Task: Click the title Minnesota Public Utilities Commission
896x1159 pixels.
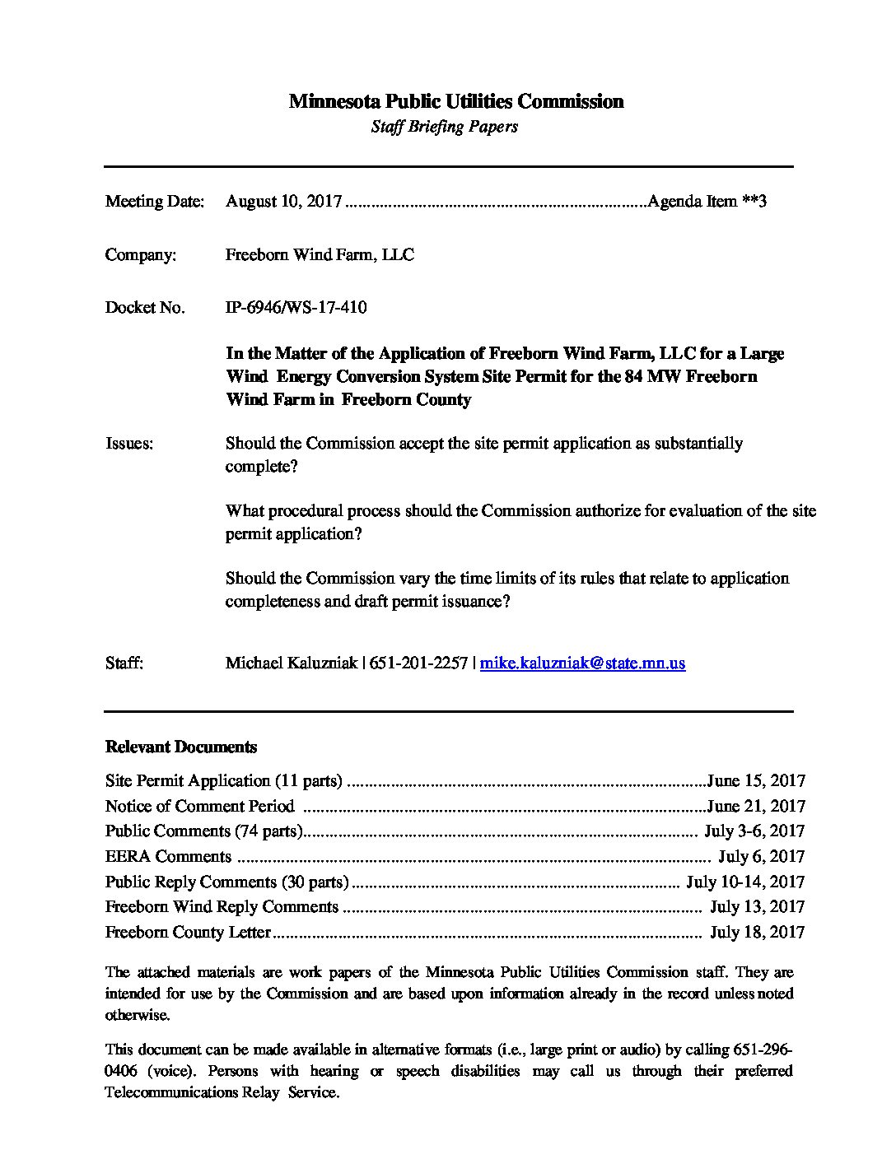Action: click(x=455, y=101)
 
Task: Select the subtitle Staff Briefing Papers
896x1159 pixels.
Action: click(x=444, y=127)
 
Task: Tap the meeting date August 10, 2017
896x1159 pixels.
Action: click(x=283, y=202)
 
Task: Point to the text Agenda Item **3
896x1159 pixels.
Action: click(x=707, y=202)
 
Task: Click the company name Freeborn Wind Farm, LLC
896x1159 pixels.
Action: click(x=320, y=255)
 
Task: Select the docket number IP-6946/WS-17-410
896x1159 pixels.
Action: click(x=296, y=308)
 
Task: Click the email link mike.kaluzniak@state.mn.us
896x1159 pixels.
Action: click(x=582, y=663)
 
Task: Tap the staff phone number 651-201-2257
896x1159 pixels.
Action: click(x=419, y=663)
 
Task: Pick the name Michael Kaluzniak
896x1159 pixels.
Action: click(x=291, y=663)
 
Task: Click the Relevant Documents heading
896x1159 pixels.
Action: click(x=181, y=747)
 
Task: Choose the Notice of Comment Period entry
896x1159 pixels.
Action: click(x=199, y=807)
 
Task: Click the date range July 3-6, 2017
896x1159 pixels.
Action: click(x=754, y=831)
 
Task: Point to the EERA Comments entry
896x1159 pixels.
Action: click(x=168, y=857)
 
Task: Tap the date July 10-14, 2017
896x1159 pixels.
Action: click(x=744, y=882)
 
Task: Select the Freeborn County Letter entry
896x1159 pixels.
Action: click(x=188, y=933)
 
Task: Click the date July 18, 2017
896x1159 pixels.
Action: click(x=757, y=933)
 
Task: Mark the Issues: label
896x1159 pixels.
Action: click(x=129, y=444)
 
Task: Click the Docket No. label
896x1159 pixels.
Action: click(x=144, y=308)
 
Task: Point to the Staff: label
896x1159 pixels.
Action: click(x=124, y=663)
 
